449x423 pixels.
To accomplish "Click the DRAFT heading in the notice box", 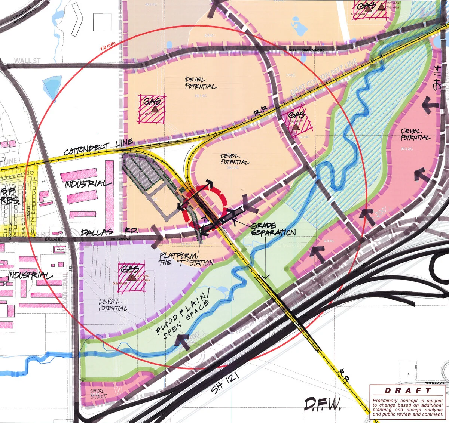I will pyautogui.click(x=408, y=391).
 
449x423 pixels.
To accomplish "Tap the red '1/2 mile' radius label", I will pyautogui.click(x=108, y=47).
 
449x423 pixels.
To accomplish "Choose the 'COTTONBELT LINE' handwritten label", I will pyautogui.click(x=98, y=148).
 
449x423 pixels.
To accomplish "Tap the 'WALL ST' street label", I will pyautogui.click(x=27, y=61).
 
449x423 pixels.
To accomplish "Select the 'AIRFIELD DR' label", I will pyautogui.click(x=434, y=383).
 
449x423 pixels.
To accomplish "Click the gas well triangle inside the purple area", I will pyautogui.click(x=132, y=278).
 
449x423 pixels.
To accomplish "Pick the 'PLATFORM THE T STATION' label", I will pyautogui.click(x=186, y=259).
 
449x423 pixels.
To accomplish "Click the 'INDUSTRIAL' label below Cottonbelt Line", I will pyautogui.click(x=88, y=184).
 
